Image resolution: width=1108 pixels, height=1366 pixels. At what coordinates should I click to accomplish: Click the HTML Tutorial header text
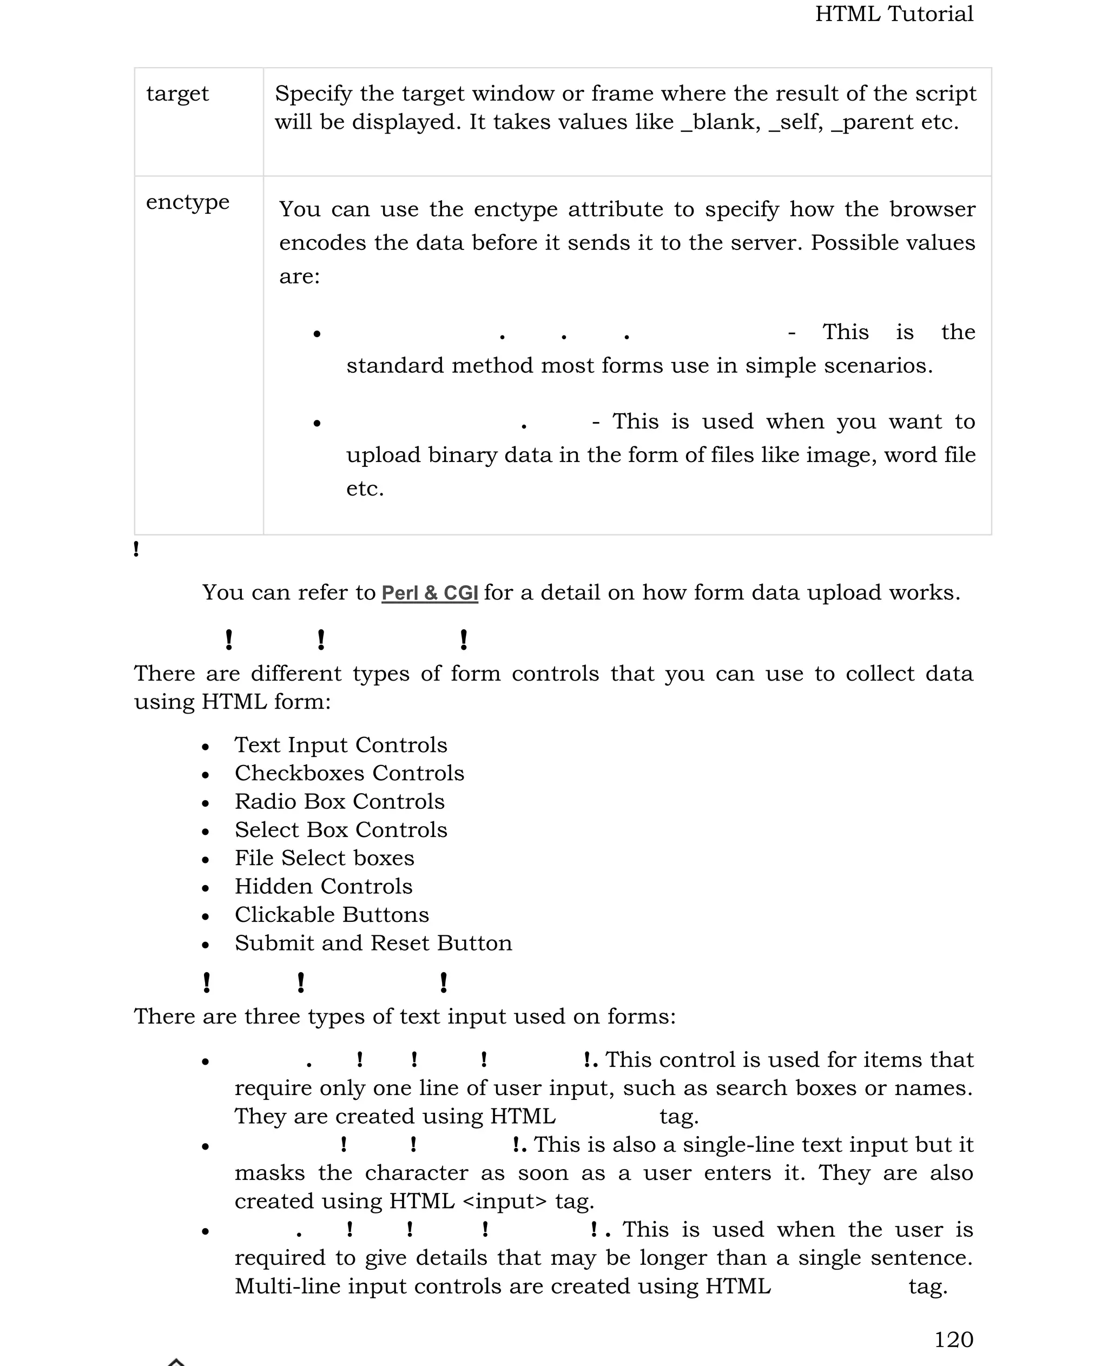[894, 14]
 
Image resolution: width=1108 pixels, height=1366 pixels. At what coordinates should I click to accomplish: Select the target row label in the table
[177, 94]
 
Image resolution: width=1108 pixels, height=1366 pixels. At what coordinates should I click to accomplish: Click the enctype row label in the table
[188, 202]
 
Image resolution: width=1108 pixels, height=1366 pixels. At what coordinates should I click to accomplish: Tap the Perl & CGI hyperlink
[430, 593]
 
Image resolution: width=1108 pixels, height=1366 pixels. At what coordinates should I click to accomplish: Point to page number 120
[954, 1339]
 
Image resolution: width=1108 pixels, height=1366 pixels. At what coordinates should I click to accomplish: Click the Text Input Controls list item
[341, 745]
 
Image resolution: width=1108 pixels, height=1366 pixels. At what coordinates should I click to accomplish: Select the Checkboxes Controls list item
[349, 773]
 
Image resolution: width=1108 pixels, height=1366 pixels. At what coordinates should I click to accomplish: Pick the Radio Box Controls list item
[340, 802]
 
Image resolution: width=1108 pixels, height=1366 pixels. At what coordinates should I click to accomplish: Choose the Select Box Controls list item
[341, 830]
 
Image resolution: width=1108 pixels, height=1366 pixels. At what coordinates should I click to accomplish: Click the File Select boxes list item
[324, 858]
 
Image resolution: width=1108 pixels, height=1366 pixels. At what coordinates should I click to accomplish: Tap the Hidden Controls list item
[324, 887]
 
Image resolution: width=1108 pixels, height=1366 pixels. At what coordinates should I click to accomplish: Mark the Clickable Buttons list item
[332, 915]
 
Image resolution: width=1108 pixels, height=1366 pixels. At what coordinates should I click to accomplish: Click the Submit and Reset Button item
[373, 943]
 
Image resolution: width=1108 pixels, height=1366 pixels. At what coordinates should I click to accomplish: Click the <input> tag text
[504, 1202]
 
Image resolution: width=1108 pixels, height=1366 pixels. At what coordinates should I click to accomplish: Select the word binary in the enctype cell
[462, 455]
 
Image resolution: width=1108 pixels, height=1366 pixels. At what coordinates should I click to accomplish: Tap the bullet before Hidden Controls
[205, 888]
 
